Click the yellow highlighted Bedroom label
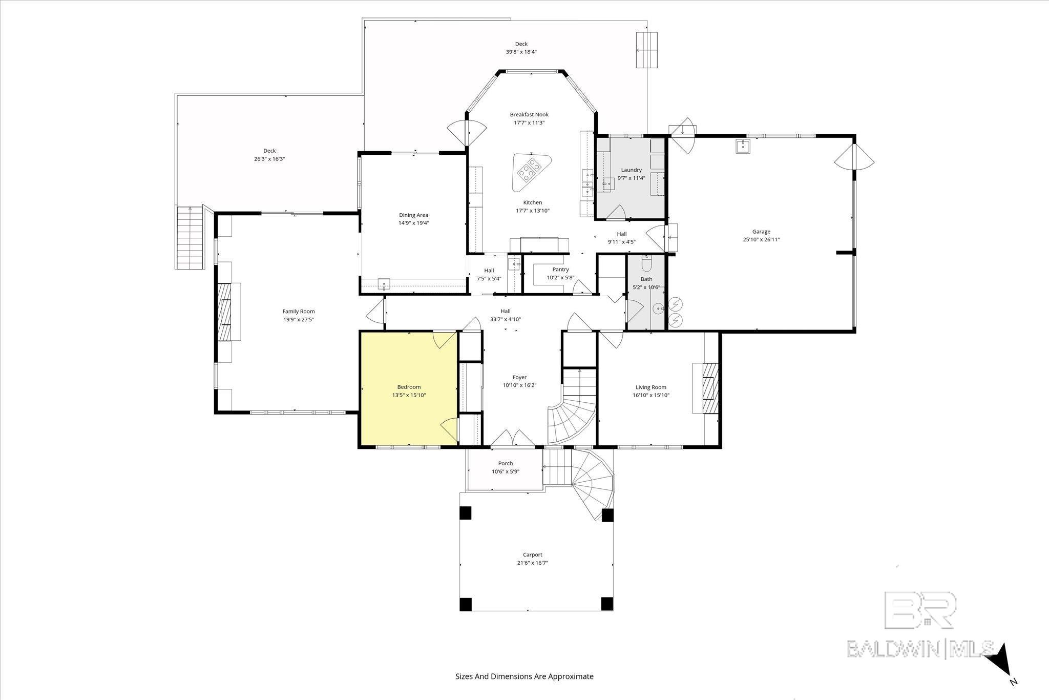(x=409, y=387)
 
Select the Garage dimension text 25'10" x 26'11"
(x=761, y=239)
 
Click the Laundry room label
(x=631, y=170)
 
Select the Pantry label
(x=560, y=270)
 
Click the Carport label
(x=532, y=554)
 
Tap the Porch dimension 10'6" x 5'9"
(x=505, y=471)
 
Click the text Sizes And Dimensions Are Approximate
(x=524, y=676)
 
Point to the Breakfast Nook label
(x=529, y=114)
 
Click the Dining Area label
(x=413, y=215)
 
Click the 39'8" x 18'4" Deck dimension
(x=521, y=52)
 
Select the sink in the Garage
(x=743, y=147)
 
